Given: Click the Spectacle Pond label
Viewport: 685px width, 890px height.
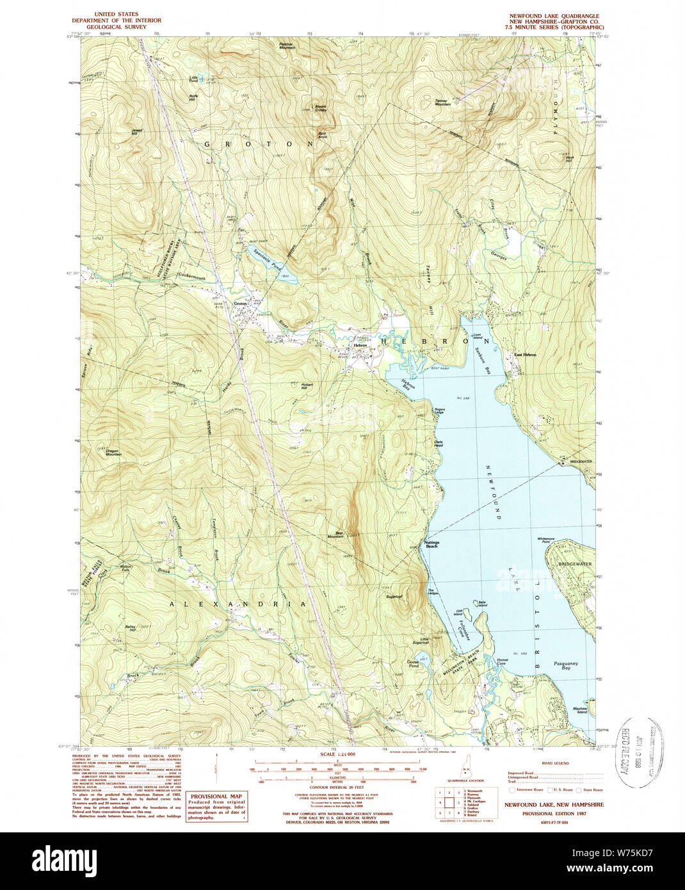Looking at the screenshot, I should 267,258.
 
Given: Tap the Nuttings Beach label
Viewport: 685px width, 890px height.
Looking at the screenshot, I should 431,544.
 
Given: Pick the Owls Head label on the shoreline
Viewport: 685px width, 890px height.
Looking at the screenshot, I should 439,443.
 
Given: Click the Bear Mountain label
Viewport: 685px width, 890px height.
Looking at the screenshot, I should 335,534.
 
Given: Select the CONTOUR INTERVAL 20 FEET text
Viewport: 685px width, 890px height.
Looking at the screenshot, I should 337,789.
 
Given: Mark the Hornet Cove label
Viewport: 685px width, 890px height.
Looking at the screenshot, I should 502,661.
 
